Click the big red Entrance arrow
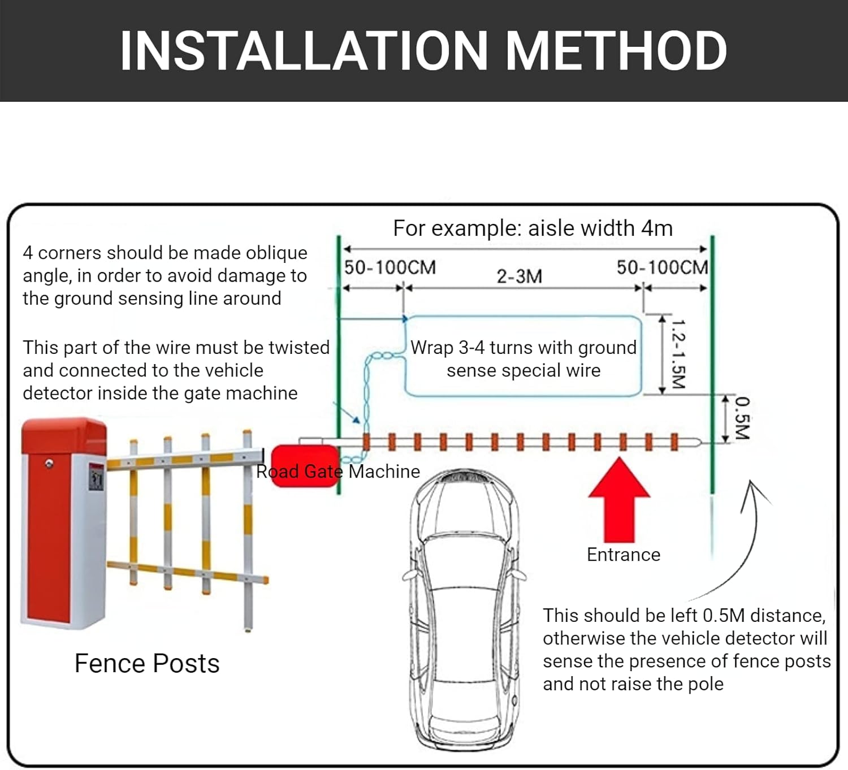[619, 501]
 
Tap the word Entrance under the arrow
[624, 555]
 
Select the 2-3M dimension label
[519, 276]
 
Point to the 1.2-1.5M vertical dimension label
[678, 354]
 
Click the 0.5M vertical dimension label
[743, 418]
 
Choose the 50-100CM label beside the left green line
[390, 267]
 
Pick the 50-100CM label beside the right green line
[663, 267]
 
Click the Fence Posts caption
[147, 663]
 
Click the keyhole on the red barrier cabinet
[49, 464]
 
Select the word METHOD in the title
[616, 51]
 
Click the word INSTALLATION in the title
[304, 51]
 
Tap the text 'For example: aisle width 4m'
[533, 228]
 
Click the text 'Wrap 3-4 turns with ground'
[523, 348]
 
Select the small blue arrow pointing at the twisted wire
[347, 413]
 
